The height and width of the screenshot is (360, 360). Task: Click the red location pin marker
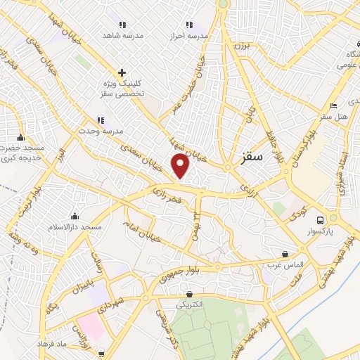(181, 166)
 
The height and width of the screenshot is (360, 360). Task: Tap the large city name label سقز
(250, 157)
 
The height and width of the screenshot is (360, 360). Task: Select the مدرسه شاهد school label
(122, 34)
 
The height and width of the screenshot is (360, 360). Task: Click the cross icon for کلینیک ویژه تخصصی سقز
(122, 72)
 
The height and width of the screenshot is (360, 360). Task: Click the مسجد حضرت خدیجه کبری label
(20, 153)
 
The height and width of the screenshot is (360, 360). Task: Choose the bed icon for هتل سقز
(335, 108)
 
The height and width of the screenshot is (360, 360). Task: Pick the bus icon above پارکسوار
(321, 219)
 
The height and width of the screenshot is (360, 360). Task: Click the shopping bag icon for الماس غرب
(285, 254)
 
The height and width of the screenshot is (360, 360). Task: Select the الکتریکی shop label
(188, 304)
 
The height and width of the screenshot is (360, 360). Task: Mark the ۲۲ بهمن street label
(198, 224)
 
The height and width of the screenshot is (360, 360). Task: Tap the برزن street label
(241, 46)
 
